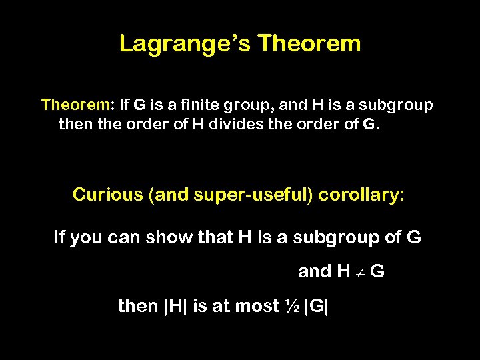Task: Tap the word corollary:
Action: [x=361, y=195]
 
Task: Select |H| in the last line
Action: [x=175, y=306]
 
